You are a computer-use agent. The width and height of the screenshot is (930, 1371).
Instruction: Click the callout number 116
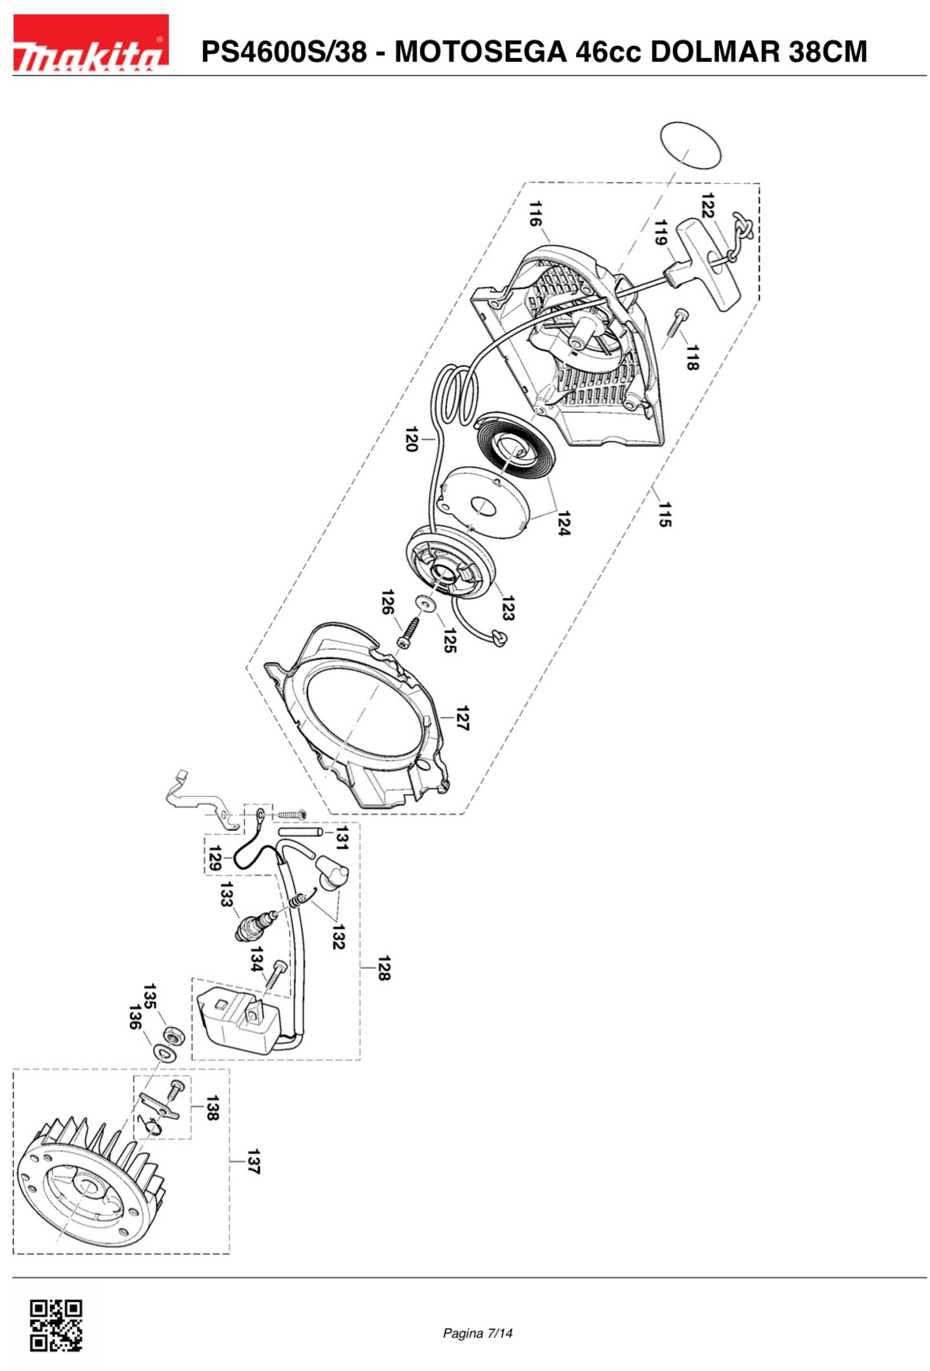coord(535,214)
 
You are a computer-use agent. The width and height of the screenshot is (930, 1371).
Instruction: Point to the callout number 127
coord(463,718)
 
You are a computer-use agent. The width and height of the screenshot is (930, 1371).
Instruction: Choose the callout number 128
coord(384,967)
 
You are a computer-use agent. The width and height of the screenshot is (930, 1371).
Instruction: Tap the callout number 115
coord(665,514)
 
